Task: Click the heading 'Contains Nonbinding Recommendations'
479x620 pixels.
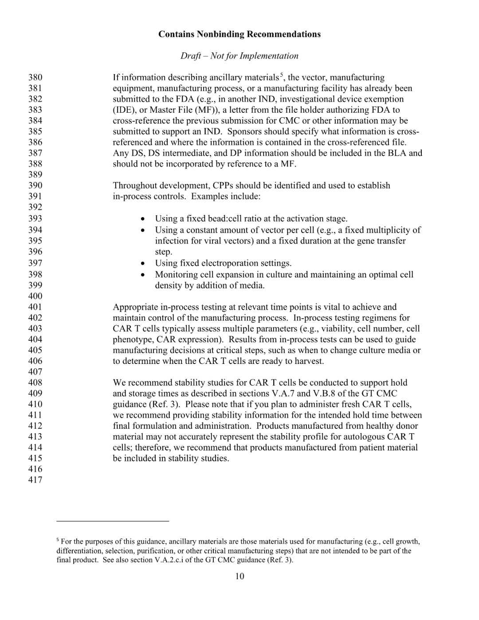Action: click(239, 34)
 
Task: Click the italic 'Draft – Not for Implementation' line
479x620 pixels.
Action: click(239, 56)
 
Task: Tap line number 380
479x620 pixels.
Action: click(35, 78)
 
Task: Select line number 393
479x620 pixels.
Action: click(35, 218)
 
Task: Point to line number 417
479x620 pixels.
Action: click(35, 480)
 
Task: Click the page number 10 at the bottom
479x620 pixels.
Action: click(239, 577)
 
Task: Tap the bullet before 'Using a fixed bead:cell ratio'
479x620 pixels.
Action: click(142, 219)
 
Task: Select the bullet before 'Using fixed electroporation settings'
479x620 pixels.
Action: click(142, 264)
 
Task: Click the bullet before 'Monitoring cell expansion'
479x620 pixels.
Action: click(142, 275)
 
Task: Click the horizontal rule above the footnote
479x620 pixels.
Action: click(113, 521)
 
